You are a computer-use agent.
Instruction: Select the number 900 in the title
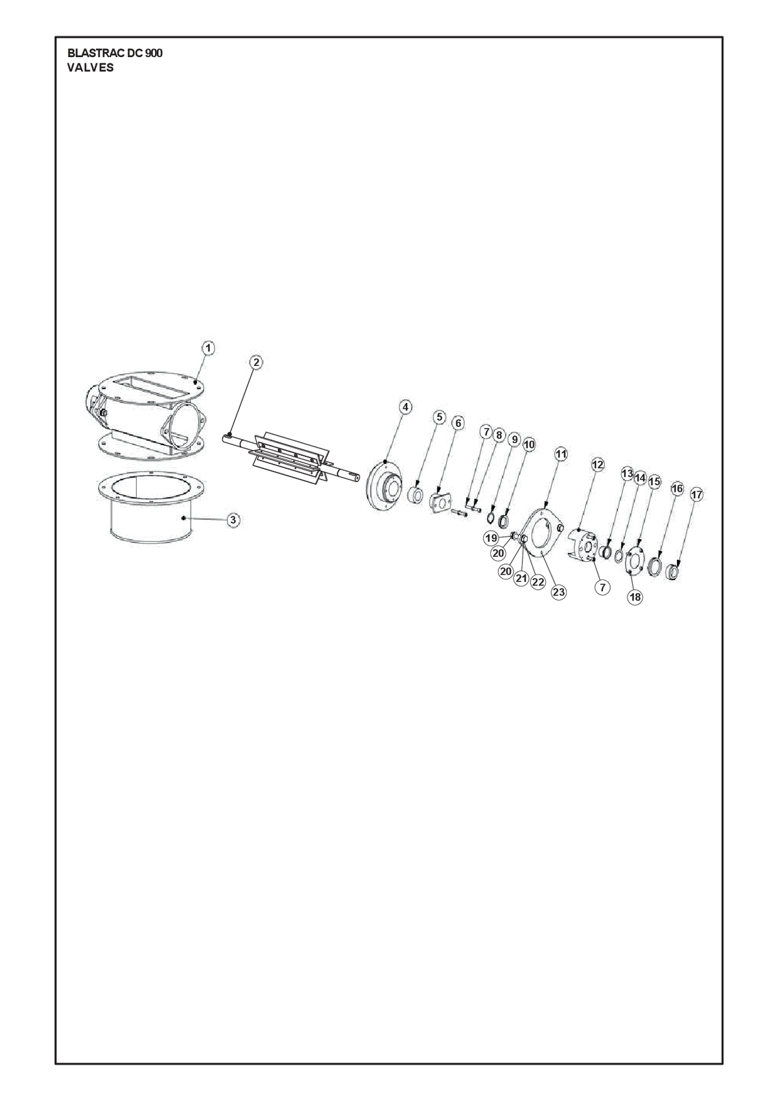click(153, 53)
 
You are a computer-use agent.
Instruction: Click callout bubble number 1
click(209, 348)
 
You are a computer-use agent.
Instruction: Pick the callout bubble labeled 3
click(234, 520)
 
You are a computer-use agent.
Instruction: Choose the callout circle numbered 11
click(561, 454)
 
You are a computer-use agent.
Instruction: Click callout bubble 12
click(597, 465)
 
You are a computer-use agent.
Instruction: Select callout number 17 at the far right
click(696, 494)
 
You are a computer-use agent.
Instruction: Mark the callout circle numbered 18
click(635, 597)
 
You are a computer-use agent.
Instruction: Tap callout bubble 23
click(559, 592)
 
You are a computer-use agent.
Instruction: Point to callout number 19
click(491, 538)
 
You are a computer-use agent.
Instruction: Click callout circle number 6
click(457, 423)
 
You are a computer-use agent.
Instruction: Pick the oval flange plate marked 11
click(542, 534)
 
